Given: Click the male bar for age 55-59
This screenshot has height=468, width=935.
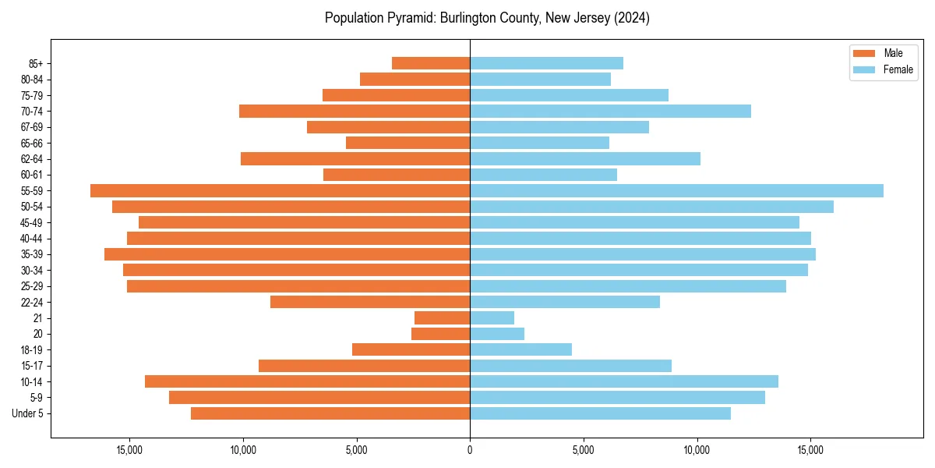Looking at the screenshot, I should (280, 190).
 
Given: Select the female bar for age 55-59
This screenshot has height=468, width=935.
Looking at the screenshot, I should (676, 190).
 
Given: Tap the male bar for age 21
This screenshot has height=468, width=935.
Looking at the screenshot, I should (442, 317).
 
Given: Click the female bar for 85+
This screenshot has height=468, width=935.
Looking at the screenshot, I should (546, 63).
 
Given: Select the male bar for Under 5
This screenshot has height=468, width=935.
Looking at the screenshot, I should (330, 413).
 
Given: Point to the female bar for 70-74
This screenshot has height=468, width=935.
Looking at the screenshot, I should (610, 111).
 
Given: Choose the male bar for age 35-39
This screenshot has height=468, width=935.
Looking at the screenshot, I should (287, 254).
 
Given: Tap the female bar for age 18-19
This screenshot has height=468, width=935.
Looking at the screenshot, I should (520, 349).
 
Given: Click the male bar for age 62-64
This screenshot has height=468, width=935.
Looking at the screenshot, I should (355, 158).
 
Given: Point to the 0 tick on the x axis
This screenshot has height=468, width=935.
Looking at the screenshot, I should (470, 450).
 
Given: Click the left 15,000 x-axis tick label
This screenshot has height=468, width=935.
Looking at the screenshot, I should (129, 450).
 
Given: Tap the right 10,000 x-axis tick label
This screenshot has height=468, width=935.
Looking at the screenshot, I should (697, 450).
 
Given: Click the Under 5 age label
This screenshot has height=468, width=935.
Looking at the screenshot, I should (28, 413).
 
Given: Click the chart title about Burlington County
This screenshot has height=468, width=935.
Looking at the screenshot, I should (487, 18).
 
